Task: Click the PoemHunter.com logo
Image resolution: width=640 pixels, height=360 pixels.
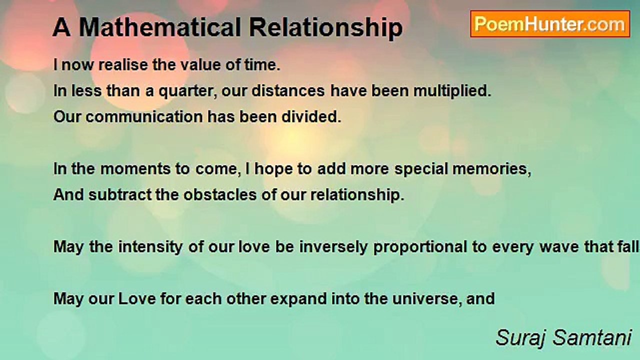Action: (550, 24)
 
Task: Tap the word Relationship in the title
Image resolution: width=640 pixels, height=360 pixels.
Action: (326, 28)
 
